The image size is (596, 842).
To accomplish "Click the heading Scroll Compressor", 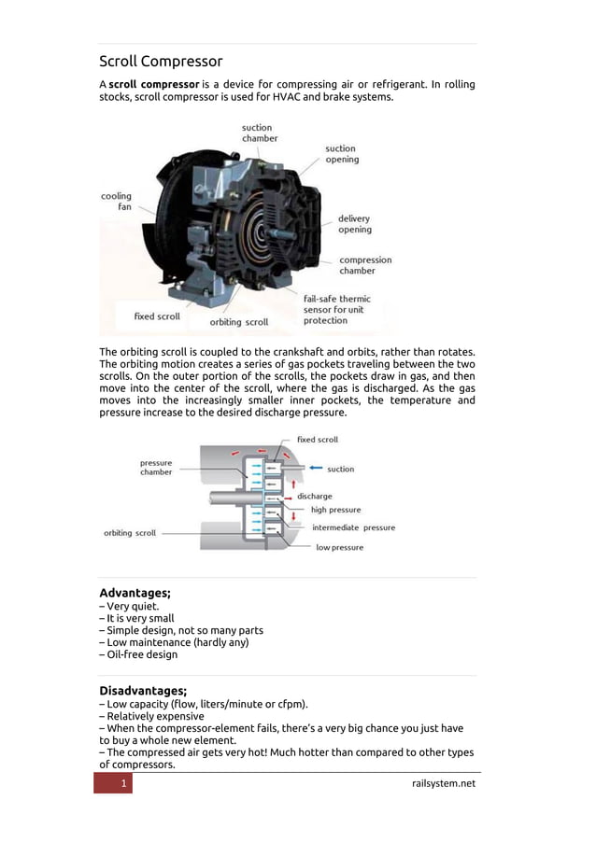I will [161, 62].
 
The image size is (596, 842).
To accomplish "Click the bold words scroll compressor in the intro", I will [153, 85].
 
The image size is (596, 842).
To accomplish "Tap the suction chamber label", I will [259, 133].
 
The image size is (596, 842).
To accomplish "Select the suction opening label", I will [341, 154].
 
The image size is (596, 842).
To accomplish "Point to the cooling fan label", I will [117, 202].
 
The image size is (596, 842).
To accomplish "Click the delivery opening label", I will [354, 224].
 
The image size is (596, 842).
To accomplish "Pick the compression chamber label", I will [365, 265].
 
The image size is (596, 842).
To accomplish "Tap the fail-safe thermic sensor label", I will [336, 310].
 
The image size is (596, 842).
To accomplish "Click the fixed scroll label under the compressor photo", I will [157, 316].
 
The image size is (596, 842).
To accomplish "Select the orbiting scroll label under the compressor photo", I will [238, 322].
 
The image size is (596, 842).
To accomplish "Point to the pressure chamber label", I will [156, 468].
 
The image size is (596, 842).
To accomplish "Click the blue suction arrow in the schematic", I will [315, 468].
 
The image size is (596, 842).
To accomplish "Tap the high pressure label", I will [335, 510].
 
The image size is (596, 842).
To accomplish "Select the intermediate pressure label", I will [353, 527].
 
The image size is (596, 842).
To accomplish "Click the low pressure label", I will [339, 547].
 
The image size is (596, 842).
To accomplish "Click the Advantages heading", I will [135, 593].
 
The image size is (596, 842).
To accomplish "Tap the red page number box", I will [113, 783].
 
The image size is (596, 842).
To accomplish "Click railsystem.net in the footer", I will [443, 783].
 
